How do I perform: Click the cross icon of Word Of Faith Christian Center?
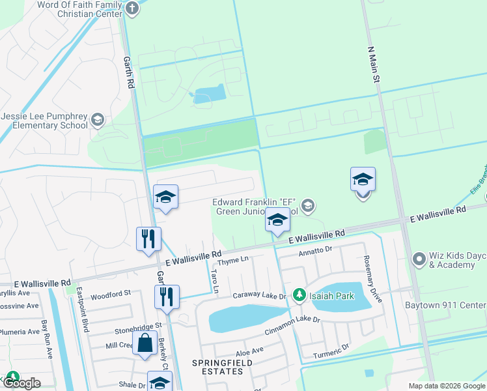pyautogui.click(x=132, y=8)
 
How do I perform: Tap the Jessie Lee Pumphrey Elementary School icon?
pyautogui.click(x=97, y=119)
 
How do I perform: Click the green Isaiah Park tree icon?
pyautogui.click(x=299, y=296)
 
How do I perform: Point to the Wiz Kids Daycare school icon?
pyautogui.click(x=418, y=259)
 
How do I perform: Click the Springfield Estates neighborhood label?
pyautogui.click(x=217, y=366)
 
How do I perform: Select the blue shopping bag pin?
pyautogui.click(x=146, y=342)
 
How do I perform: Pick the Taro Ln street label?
pyautogui.click(x=216, y=280)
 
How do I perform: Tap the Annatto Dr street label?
pyautogui.click(x=315, y=250)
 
